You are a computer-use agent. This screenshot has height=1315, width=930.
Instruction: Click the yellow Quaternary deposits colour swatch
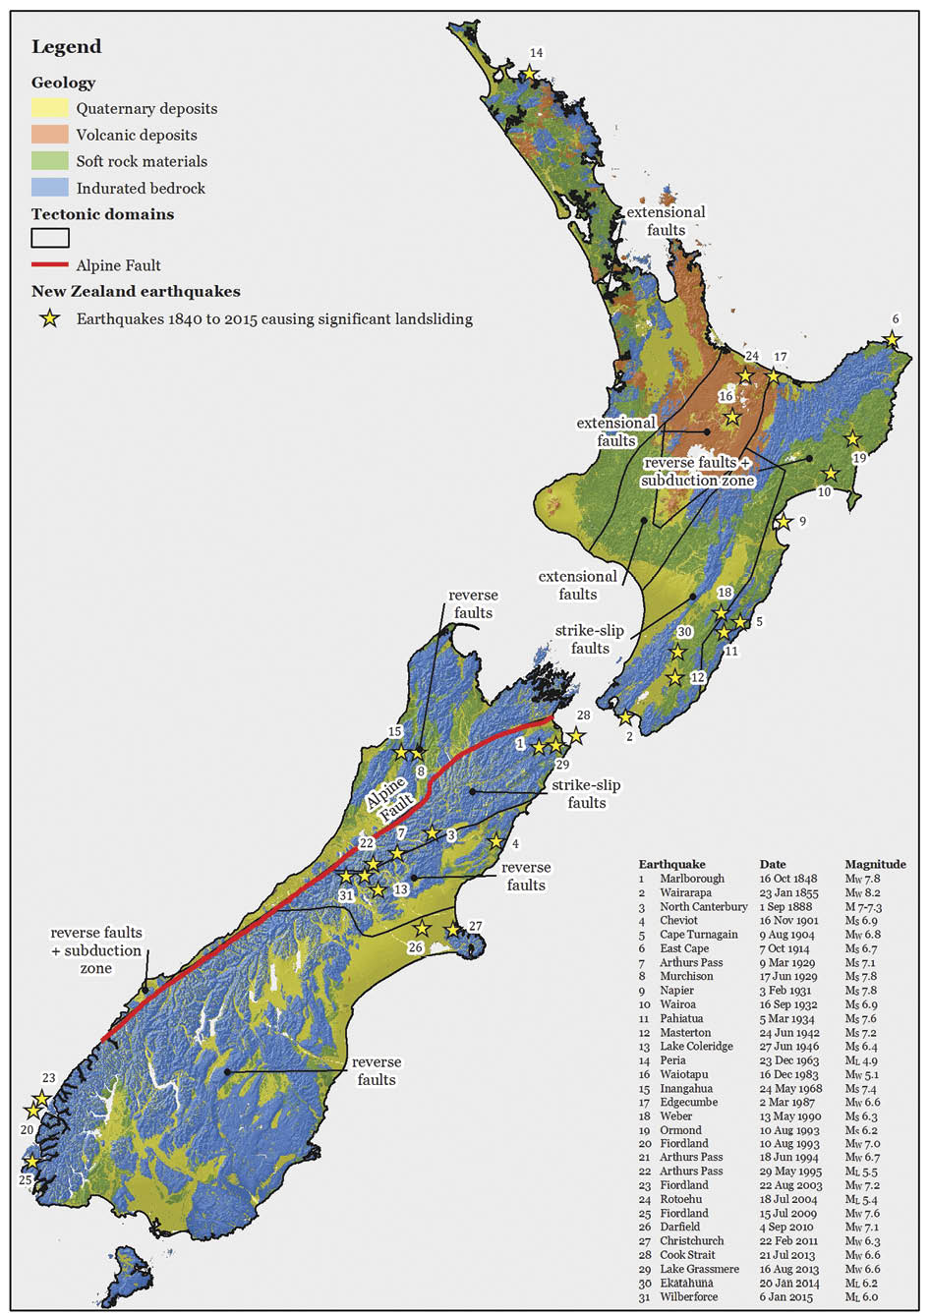[49, 108]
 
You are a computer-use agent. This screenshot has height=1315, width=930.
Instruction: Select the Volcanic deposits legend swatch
[49, 135]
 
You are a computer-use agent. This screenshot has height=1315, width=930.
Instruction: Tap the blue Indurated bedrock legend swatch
[49, 188]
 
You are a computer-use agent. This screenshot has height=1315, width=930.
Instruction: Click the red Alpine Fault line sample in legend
[49, 265]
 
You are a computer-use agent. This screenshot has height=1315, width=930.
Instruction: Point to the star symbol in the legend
[49, 319]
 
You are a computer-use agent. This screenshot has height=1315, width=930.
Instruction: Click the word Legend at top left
[66, 47]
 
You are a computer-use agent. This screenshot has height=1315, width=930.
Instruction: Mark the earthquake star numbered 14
[530, 73]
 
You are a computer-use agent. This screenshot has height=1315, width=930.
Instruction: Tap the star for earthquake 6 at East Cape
[892, 339]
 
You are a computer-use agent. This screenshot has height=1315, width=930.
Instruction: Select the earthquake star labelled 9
[784, 523]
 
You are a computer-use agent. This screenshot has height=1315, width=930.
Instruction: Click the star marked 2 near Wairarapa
[624, 718]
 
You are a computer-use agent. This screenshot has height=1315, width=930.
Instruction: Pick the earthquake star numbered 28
[576, 735]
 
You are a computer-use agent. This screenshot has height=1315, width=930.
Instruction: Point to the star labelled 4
[496, 842]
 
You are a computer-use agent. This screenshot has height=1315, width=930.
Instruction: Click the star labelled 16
[731, 418]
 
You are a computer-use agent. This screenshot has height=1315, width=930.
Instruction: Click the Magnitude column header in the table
[874, 865]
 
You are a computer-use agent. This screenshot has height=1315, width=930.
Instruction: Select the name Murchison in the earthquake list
[686, 976]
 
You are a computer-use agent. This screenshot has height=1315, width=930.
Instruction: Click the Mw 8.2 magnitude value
[862, 893]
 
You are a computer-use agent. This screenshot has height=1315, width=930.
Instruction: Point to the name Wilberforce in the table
[688, 1297]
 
